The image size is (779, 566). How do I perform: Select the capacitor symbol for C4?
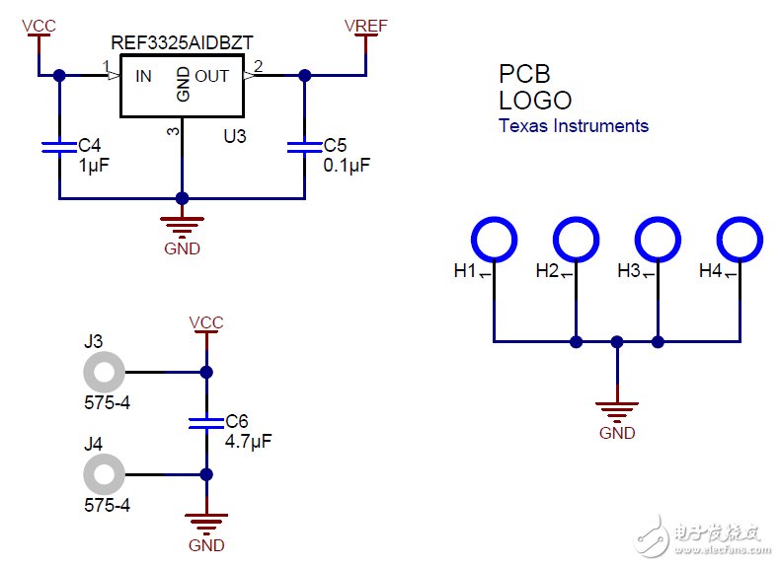point(59,148)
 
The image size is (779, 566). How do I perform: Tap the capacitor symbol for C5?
point(304,148)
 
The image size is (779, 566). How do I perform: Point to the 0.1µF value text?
point(347,166)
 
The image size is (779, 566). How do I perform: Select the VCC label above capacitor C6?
point(205,322)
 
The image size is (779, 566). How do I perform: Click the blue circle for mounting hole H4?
point(740,239)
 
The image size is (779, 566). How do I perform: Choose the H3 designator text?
point(629,270)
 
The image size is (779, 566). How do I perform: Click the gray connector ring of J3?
point(103,374)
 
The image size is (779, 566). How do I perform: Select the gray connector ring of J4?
point(103,474)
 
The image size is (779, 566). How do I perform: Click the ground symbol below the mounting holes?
point(617,407)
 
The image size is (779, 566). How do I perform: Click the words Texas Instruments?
point(574,125)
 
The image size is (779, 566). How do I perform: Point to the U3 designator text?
point(234,138)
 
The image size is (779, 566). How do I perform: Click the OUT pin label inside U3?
point(211,76)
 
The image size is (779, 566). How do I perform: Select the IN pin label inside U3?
point(144,76)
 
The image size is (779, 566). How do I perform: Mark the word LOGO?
point(534,101)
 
